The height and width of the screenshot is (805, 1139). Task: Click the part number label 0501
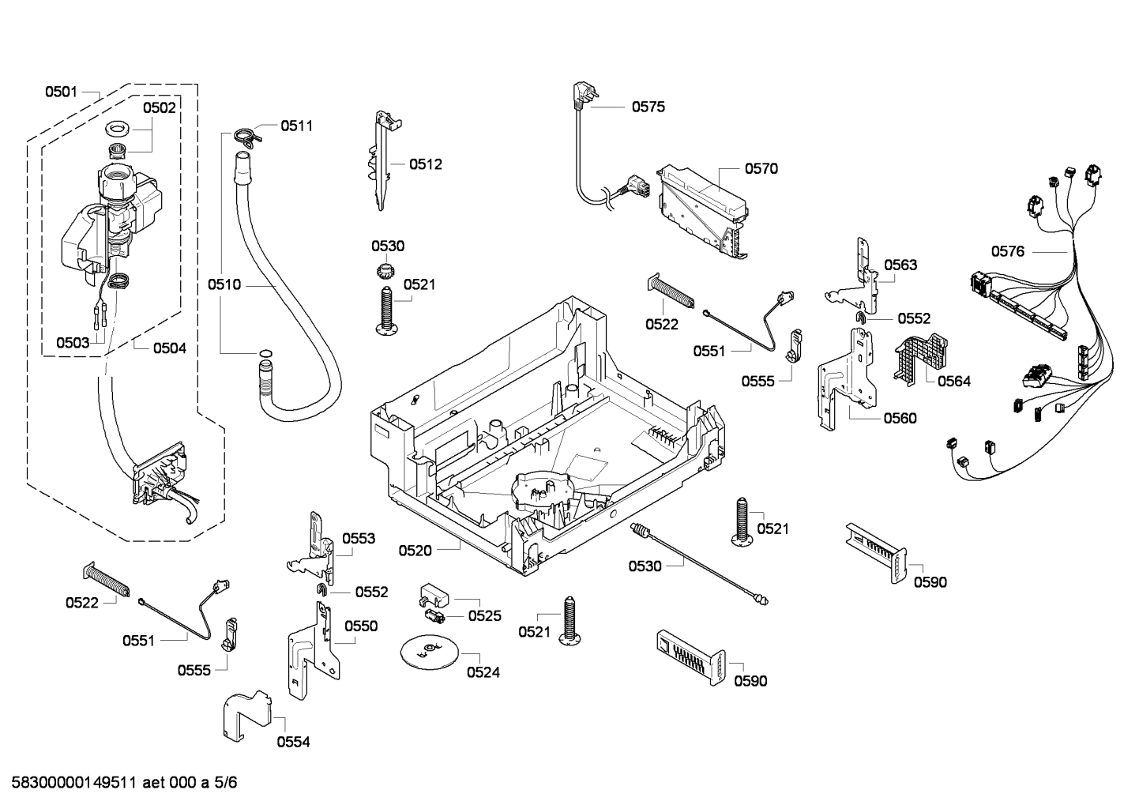(x=60, y=92)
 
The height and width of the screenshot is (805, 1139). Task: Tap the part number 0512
(x=425, y=164)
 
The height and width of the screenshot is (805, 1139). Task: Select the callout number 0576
(x=1007, y=251)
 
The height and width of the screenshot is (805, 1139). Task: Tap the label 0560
(x=900, y=418)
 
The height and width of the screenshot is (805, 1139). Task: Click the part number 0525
(x=484, y=615)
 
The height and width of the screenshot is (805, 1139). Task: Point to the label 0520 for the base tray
(x=415, y=550)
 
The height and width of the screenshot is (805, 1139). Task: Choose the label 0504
(x=169, y=348)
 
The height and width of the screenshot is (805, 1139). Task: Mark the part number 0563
(x=900, y=265)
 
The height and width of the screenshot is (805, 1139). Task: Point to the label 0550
(x=360, y=626)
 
